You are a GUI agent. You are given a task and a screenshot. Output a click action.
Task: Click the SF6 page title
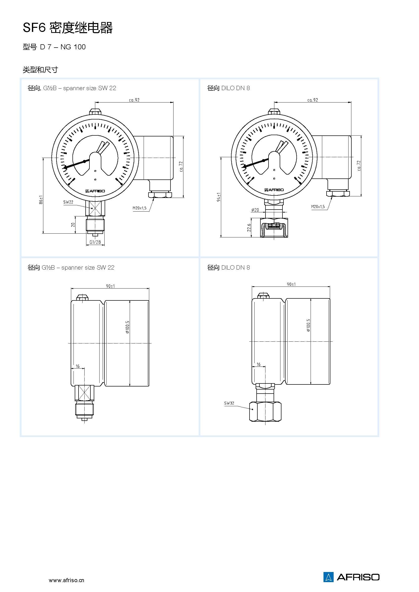click(x=68, y=28)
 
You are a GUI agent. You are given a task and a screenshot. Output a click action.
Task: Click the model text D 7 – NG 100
click(x=63, y=47)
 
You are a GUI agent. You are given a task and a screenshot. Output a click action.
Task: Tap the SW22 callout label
click(x=68, y=202)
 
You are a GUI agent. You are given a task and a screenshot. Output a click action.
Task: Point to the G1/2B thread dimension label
click(x=95, y=242)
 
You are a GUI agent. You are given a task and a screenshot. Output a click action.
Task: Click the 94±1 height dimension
click(x=219, y=197)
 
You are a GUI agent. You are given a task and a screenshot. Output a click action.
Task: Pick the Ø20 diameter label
click(x=255, y=210)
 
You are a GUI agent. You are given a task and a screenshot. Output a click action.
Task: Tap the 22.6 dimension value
click(x=249, y=228)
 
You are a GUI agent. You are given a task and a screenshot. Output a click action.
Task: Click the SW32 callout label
click(x=229, y=403)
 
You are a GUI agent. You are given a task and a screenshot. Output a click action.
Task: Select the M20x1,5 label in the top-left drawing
click(x=140, y=208)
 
